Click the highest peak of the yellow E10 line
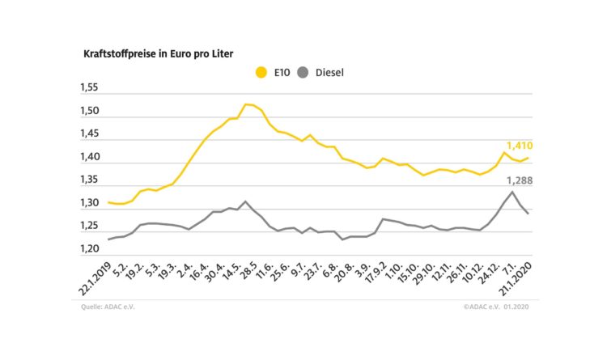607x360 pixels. tap(247, 104)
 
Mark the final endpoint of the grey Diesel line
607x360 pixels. tap(528, 213)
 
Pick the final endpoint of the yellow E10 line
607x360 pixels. tap(528, 158)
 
